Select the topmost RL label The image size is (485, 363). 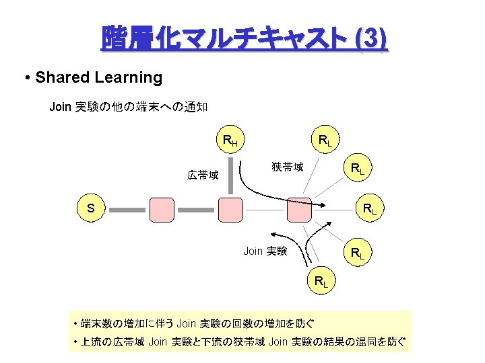click(325, 140)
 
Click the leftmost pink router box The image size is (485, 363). click(162, 210)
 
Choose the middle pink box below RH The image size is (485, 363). click(230, 210)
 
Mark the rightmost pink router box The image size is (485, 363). click(299, 210)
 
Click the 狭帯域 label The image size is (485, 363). click(287, 166)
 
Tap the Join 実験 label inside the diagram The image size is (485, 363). click(265, 251)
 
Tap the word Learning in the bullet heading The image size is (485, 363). click(129, 77)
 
